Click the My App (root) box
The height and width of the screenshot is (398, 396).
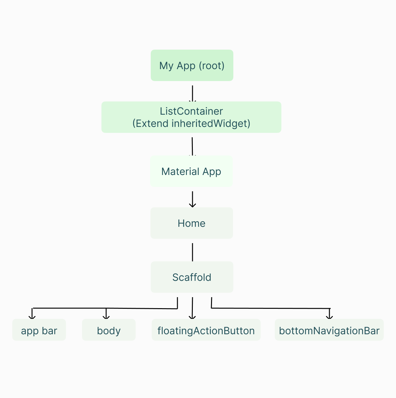click(x=192, y=65)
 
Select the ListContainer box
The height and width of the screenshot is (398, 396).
click(x=191, y=117)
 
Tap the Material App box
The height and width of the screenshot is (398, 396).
click(x=191, y=172)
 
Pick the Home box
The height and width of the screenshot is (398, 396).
click(x=192, y=223)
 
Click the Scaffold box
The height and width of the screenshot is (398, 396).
click(x=192, y=277)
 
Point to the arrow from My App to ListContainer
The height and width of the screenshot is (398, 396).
click(x=192, y=93)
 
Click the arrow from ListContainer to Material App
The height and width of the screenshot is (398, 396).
click(x=192, y=146)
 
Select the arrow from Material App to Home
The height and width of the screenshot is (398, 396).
click(x=192, y=199)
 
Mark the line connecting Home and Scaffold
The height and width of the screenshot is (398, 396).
click(x=192, y=252)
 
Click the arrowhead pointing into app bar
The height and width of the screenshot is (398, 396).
click(x=32, y=316)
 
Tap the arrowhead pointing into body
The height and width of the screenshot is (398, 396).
click(x=106, y=316)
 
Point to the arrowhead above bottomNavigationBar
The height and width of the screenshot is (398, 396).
click(x=329, y=316)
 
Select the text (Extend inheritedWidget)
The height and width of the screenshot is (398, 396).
click(x=191, y=123)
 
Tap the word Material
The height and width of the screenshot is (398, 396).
click(x=180, y=172)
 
